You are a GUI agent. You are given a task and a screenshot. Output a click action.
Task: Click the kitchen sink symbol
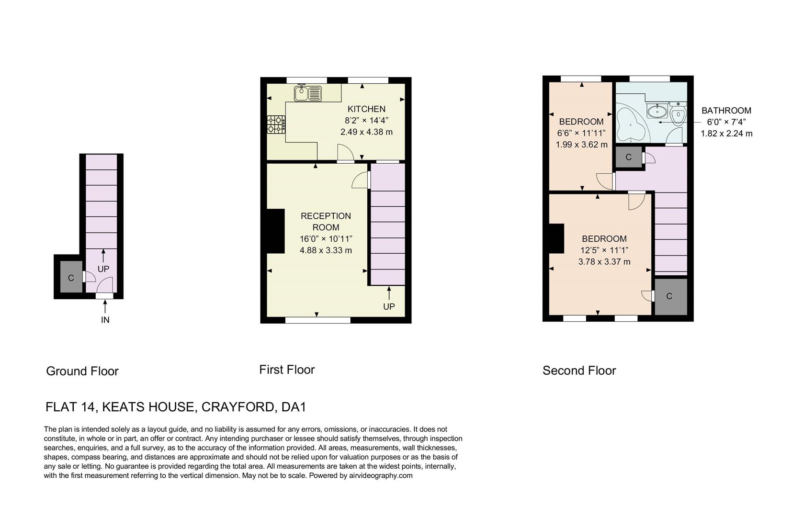point(308,93)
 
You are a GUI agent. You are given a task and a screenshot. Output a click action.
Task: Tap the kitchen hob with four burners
point(276,124)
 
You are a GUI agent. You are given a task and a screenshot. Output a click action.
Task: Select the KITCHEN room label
point(366,109)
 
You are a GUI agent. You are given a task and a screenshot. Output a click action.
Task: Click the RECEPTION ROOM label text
point(326,222)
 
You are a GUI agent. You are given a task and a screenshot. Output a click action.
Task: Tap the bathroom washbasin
point(656,112)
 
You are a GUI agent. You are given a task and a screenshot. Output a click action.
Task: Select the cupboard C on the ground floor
point(71,278)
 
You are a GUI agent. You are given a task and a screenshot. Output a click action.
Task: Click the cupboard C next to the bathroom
point(628,157)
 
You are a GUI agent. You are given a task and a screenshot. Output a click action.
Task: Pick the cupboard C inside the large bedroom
point(669,296)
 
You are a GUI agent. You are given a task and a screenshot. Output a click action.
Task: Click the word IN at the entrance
point(105,320)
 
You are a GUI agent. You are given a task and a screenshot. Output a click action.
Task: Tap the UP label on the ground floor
point(103,269)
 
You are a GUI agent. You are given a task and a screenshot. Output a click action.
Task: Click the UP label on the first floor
point(389,306)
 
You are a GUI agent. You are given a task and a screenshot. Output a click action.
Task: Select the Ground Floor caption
point(82,371)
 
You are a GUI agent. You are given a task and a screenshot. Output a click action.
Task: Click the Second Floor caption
point(579,371)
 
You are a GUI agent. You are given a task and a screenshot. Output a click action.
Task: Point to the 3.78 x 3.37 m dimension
point(604,262)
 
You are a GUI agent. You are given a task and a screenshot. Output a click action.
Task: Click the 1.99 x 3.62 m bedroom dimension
point(581,145)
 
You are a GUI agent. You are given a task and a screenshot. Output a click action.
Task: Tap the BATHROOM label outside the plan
point(726,111)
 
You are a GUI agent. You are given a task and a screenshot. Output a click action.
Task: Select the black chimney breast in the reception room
point(275,231)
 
